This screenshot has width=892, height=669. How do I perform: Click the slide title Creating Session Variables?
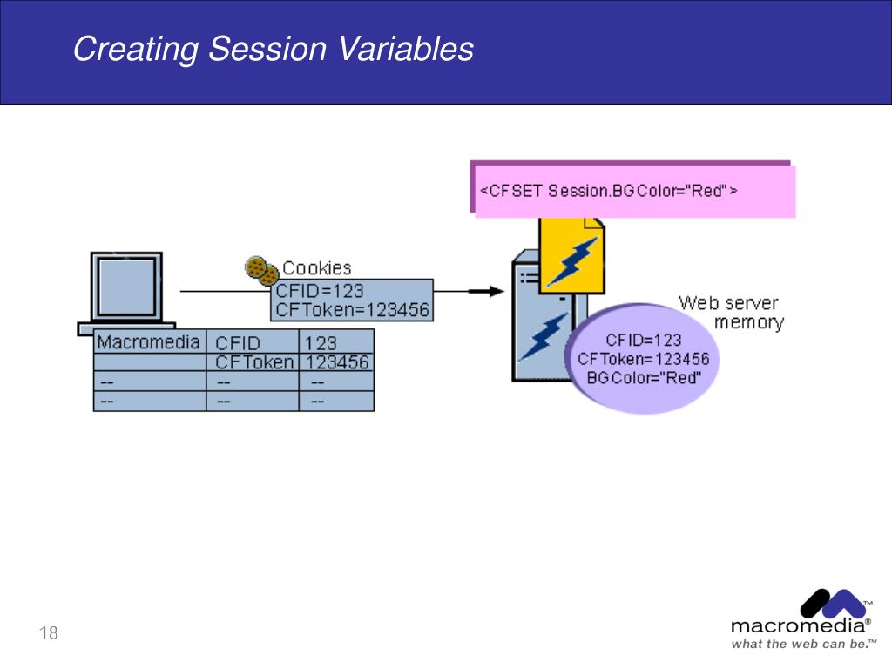click(x=273, y=49)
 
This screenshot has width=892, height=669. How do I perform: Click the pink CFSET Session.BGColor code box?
click(x=634, y=191)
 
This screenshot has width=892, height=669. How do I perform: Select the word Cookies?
click(x=317, y=268)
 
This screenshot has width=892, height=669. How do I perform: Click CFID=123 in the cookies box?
click(x=320, y=291)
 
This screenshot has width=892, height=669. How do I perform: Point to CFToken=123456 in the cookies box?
click(x=352, y=310)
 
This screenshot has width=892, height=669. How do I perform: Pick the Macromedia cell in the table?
click(x=148, y=341)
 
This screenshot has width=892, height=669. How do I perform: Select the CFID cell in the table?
click(x=238, y=343)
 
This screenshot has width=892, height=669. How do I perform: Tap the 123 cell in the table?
click(x=321, y=343)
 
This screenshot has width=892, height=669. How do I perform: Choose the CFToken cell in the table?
click(x=254, y=362)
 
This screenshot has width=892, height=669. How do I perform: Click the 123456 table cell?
click(x=337, y=362)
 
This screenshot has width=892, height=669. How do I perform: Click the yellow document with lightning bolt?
click(x=571, y=256)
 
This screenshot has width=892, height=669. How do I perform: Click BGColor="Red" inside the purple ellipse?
click(x=644, y=377)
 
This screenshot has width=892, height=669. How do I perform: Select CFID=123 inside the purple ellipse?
click(x=644, y=340)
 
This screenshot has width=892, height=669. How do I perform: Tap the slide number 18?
click(x=49, y=632)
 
